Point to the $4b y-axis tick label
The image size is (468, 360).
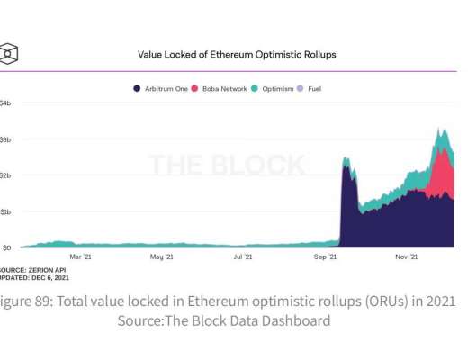pos(5,103)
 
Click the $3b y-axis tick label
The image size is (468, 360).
pos(5,139)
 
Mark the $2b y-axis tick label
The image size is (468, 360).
pos(5,175)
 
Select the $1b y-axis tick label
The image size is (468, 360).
pos(5,211)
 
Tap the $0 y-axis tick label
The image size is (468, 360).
pos(5,247)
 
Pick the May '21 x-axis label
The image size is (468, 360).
pos(161,257)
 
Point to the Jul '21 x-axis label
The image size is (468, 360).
pos(243,257)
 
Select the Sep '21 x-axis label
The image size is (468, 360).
pos(325,257)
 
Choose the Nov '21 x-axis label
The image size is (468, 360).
pos(407,257)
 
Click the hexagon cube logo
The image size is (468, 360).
pos(8,53)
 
